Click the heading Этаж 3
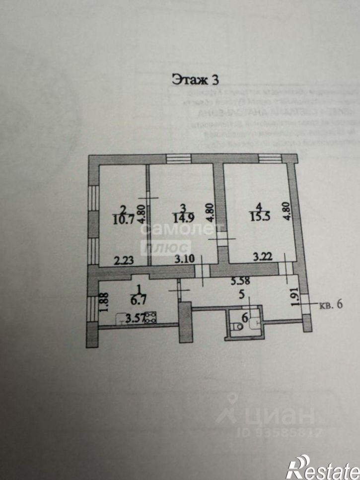pos(195,79)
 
